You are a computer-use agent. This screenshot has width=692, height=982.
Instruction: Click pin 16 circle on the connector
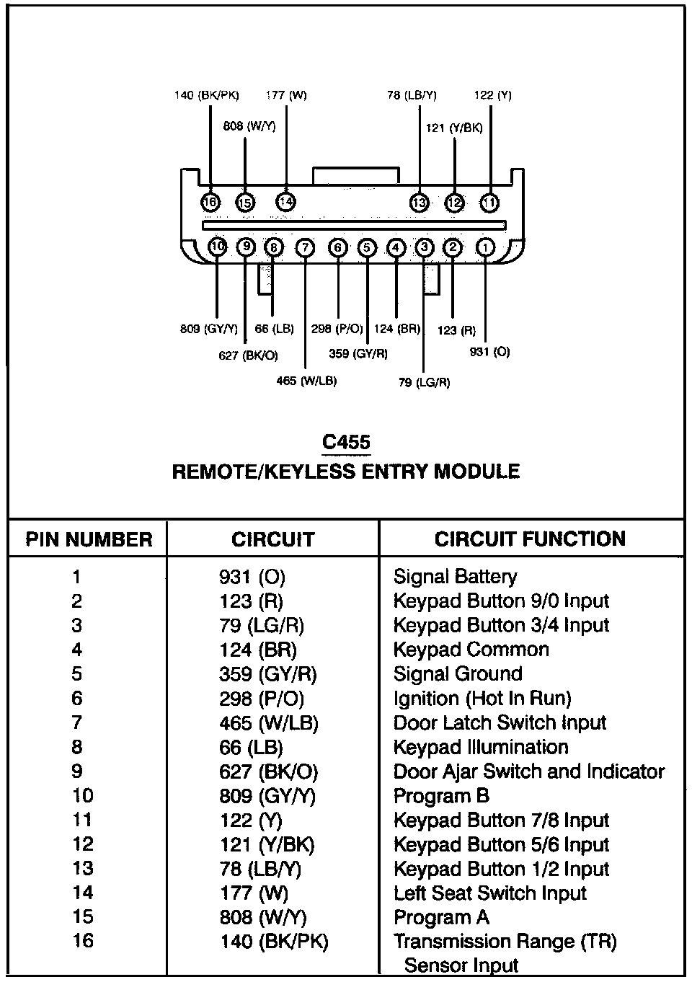click(x=210, y=203)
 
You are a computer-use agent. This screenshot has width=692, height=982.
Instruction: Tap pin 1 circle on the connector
click(x=486, y=248)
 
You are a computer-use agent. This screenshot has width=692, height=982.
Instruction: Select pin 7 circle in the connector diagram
click(x=306, y=248)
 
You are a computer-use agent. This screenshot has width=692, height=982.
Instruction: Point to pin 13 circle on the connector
click(x=419, y=203)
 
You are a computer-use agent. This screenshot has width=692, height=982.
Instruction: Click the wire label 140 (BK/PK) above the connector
click(x=207, y=95)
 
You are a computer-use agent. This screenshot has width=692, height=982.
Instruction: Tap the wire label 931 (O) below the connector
click(x=489, y=352)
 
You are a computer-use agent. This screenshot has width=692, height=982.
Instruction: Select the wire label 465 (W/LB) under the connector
click(x=306, y=381)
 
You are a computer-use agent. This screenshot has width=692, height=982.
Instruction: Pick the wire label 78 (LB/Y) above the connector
click(x=412, y=95)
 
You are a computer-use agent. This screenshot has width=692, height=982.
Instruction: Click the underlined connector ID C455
click(x=346, y=442)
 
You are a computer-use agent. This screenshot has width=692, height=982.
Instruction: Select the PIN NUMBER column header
click(x=89, y=539)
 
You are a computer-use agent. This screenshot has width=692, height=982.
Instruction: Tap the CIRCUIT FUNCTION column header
click(x=530, y=539)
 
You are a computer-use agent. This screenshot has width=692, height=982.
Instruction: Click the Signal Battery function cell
click(x=455, y=577)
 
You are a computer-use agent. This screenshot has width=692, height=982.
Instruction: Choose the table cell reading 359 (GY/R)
click(x=268, y=674)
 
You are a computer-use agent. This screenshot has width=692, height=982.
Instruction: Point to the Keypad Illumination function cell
click(x=481, y=747)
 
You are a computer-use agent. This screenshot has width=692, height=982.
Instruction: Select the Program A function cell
click(x=441, y=917)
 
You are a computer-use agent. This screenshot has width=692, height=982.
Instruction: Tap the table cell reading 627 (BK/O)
click(x=268, y=771)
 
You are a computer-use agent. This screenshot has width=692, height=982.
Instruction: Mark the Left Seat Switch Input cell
click(x=490, y=893)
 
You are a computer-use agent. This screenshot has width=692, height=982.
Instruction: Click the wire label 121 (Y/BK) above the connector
click(x=454, y=128)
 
